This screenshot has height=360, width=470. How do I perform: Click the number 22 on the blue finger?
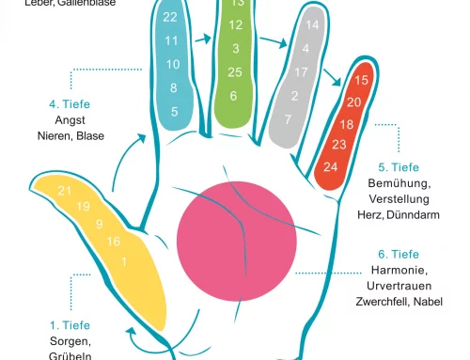(170, 17)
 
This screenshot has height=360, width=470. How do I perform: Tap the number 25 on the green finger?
(235, 72)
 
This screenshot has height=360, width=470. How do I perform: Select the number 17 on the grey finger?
(302, 71)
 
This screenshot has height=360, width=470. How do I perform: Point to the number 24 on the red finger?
(330, 166)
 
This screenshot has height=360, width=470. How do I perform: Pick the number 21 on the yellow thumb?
(65, 191)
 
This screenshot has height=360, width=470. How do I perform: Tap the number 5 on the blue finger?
(173, 112)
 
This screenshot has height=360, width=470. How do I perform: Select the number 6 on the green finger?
(233, 95)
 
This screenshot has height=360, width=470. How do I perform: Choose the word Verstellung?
(399, 199)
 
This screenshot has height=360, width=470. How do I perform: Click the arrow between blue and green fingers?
(201, 42)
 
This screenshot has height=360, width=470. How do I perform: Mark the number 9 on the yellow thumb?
(99, 224)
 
